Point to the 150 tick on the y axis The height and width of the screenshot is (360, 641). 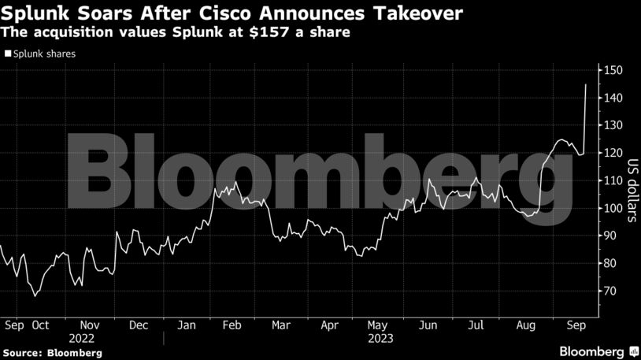(x=614, y=71)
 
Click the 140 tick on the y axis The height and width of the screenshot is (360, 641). (x=614, y=98)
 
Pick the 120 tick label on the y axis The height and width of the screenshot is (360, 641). (x=614, y=154)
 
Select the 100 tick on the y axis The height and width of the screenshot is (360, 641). (x=614, y=209)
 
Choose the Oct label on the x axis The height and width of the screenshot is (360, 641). (x=40, y=325)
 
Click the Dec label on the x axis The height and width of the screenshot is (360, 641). (x=139, y=325)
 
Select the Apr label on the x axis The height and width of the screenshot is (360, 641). (x=330, y=325)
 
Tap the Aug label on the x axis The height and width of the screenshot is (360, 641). (x=526, y=325)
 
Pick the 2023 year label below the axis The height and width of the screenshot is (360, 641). (x=380, y=338)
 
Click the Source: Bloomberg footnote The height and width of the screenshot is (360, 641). (x=52, y=352)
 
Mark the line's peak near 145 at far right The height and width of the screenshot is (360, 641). (x=586, y=84)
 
